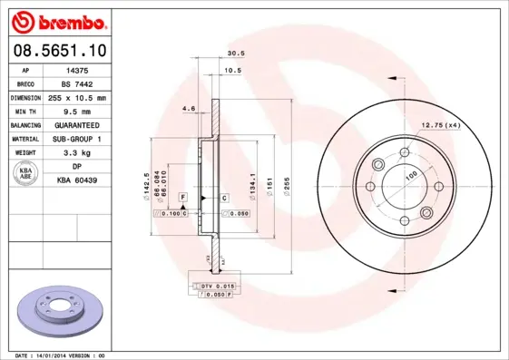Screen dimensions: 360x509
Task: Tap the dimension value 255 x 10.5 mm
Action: (77, 97)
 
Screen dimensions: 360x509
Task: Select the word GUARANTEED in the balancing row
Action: (77, 124)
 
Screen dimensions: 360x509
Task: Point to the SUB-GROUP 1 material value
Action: (77, 139)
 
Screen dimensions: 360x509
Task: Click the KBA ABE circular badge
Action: (26, 174)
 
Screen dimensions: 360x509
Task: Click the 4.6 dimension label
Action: (189, 108)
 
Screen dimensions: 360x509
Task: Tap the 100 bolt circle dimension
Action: (410, 174)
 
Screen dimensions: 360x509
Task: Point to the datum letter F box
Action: (182, 197)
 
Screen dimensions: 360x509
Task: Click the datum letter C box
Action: (224, 197)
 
